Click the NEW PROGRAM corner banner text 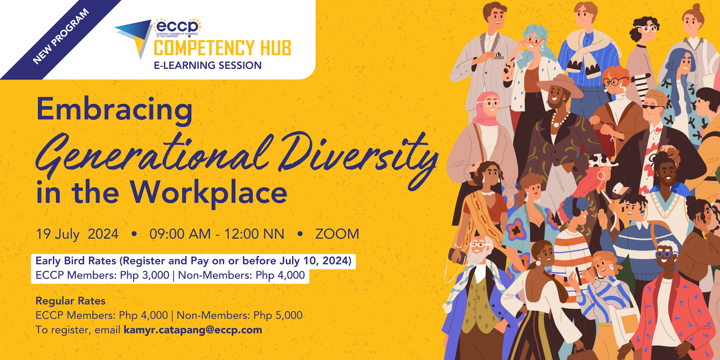61,36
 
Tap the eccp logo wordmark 177,26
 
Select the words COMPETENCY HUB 222,48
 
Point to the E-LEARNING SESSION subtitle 207,66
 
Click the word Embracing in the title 114,109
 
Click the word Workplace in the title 208,193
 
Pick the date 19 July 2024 77,234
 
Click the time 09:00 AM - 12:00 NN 216,234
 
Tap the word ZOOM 337,234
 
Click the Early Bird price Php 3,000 144,275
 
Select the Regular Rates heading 70,301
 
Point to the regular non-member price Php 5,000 278,315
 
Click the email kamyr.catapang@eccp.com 193,330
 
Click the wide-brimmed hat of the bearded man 559,83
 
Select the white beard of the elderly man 476,257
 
